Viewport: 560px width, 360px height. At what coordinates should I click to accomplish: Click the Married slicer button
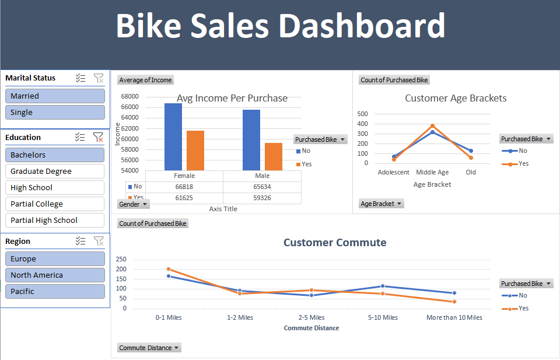[55, 96]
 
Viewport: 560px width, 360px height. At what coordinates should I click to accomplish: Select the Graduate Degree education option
[55, 172]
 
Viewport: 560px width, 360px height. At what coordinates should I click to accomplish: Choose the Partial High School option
[55, 221]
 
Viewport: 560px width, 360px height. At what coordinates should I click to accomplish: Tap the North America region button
[55, 275]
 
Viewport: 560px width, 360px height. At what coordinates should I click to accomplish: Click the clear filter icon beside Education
[99, 138]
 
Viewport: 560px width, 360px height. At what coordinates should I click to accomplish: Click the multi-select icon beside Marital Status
[80, 78]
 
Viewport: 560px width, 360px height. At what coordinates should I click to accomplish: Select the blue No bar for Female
[173, 137]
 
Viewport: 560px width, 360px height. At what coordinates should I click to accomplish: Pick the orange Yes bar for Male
[273, 156]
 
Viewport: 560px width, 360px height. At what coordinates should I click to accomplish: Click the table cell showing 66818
[184, 187]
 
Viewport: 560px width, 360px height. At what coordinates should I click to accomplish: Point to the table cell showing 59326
[262, 198]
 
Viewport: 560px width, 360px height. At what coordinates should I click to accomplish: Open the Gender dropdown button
[134, 204]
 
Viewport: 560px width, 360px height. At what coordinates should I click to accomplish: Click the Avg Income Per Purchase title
[232, 98]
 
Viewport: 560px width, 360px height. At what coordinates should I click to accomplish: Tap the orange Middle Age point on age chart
[432, 125]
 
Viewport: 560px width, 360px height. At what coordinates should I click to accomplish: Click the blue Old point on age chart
[471, 151]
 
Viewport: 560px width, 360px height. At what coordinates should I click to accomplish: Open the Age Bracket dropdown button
[381, 204]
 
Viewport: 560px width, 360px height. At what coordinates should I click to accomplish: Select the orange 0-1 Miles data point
[169, 269]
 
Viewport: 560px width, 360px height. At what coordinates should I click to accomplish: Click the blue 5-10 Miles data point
[383, 286]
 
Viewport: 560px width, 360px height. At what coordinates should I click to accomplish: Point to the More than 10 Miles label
[454, 317]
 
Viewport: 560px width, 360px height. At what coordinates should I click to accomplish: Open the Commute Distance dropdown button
[149, 348]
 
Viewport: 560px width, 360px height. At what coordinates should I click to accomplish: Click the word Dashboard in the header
[361, 26]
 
